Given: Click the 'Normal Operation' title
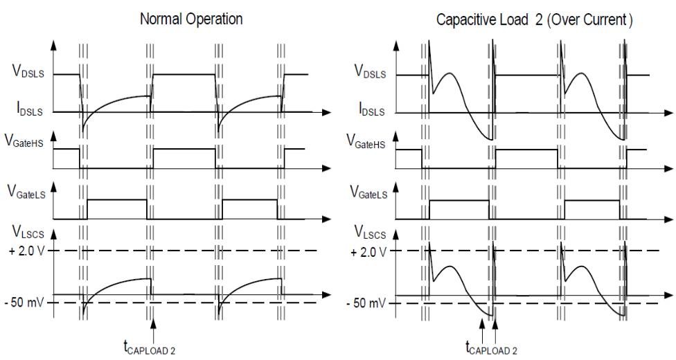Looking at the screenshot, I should pyautogui.click(x=191, y=19).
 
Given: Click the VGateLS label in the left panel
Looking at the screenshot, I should pyautogui.click(x=26, y=195).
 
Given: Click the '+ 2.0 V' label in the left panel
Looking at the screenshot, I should pyautogui.click(x=25, y=251).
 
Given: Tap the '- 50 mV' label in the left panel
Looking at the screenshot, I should pyautogui.click(x=26, y=303).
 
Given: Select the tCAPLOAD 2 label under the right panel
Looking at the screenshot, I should pyautogui.click(x=490, y=347).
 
